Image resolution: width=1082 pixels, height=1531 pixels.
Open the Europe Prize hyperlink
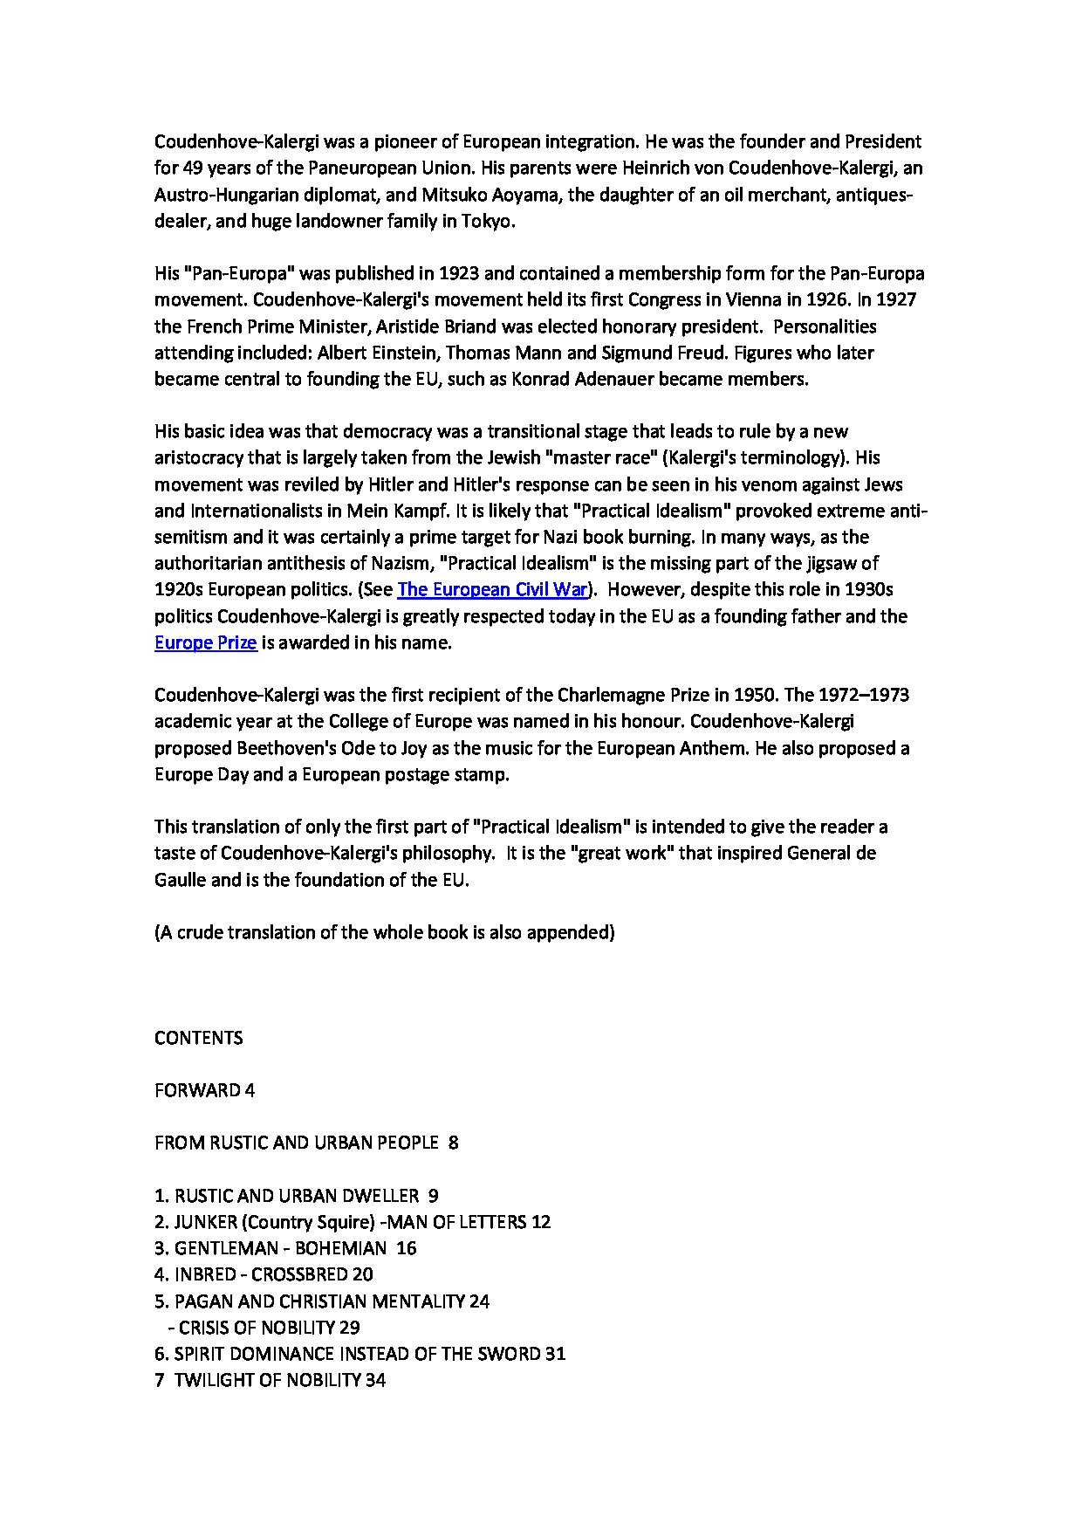[205, 643]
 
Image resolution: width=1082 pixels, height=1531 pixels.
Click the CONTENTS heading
[198, 1038]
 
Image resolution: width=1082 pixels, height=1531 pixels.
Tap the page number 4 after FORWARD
[250, 1090]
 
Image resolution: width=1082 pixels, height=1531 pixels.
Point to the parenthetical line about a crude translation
[384, 932]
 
